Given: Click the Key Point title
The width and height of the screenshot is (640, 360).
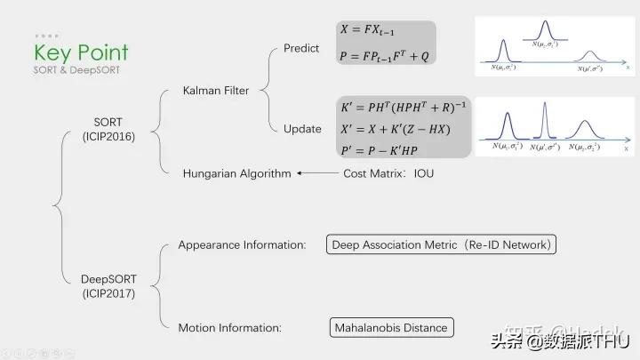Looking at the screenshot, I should pos(81,53).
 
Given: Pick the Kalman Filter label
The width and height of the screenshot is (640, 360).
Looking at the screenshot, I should pos(216,90).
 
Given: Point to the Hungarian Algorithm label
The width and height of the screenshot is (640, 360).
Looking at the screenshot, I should pos(236,173).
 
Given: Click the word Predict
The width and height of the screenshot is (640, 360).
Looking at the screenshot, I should pos(301,48).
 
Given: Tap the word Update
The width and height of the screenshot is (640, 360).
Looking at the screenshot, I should pos(302,129).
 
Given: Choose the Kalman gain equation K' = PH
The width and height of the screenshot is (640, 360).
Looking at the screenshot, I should pos(404,108).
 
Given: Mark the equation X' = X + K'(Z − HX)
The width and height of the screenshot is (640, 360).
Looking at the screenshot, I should pos(396,129).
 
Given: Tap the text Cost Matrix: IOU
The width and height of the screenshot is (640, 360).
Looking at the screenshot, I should pos(388,173).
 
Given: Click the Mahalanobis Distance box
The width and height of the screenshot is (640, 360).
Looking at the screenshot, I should pos(390,328).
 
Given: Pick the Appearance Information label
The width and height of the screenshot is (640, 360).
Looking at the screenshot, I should pos(242,244).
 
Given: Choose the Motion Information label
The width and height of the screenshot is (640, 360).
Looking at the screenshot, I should pos(229,328).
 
